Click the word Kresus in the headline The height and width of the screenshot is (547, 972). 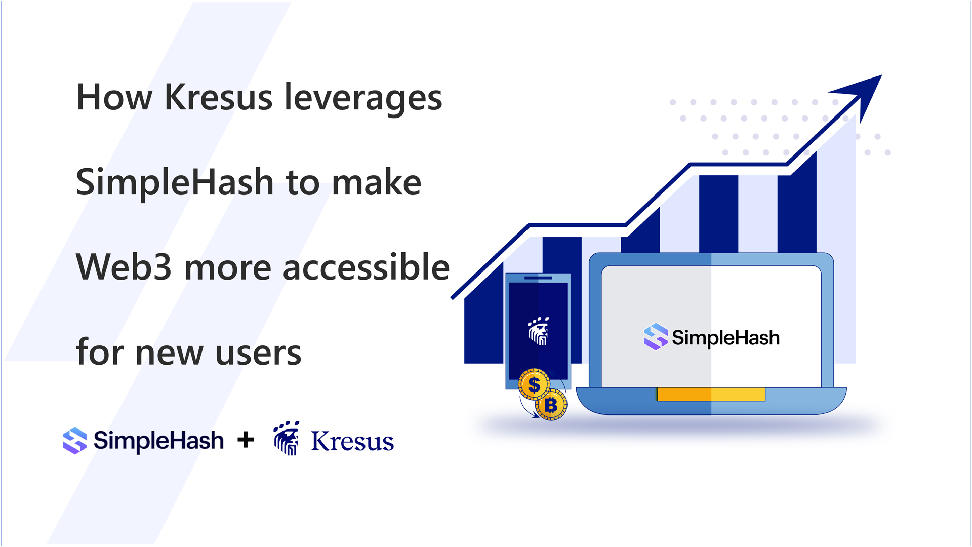pyautogui.click(x=218, y=97)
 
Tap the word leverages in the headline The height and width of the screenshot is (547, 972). pyautogui.click(x=363, y=98)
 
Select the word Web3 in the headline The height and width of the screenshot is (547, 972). pyautogui.click(x=124, y=267)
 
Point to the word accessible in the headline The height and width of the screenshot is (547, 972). pyautogui.click(x=366, y=267)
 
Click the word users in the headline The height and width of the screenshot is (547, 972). pyautogui.click(x=258, y=353)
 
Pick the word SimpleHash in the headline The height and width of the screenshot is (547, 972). pyautogui.click(x=175, y=182)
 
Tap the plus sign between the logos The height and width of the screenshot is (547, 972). pyautogui.click(x=246, y=440)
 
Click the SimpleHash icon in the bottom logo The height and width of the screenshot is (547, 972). pyautogui.click(x=75, y=440)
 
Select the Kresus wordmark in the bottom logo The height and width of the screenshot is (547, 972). pyautogui.click(x=352, y=441)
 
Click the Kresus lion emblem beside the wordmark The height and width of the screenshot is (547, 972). pyautogui.click(x=287, y=438)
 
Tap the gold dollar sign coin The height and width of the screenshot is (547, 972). pyautogui.click(x=534, y=385)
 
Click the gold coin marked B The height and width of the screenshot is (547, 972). pyautogui.click(x=551, y=405)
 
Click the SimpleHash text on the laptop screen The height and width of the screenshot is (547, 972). pyautogui.click(x=725, y=338)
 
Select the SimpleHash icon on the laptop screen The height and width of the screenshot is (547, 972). pyautogui.click(x=656, y=337)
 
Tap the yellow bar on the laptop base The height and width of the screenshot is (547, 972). pyautogui.click(x=711, y=394)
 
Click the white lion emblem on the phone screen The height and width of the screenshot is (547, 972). pyautogui.click(x=538, y=332)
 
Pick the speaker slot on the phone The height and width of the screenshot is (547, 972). pyautogui.click(x=538, y=278)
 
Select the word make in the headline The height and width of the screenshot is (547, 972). pyautogui.click(x=377, y=182)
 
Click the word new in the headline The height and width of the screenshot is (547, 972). pyautogui.click(x=169, y=353)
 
